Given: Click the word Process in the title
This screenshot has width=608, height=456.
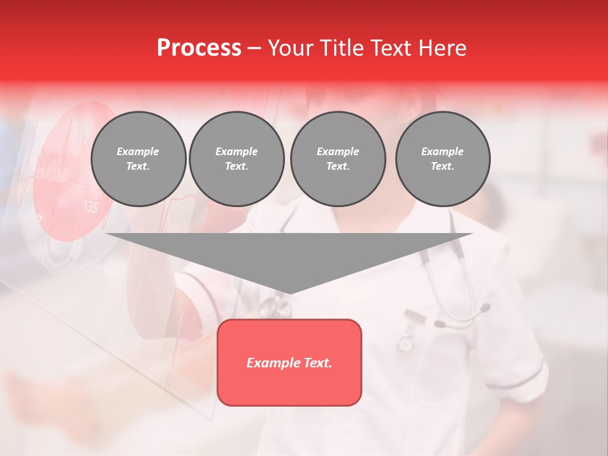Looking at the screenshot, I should [x=199, y=47].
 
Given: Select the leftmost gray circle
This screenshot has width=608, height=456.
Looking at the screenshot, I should [x=138, y=159].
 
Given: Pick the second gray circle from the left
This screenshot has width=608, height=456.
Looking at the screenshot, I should [x=236, y=159].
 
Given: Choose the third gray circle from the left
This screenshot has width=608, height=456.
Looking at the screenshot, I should [x=338, y=159].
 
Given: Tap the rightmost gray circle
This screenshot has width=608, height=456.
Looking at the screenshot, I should [x=442, y=159].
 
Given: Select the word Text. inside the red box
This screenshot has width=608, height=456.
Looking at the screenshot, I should [x=315, y=363].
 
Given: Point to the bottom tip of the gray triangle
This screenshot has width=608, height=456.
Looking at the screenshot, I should [x=289, y=293].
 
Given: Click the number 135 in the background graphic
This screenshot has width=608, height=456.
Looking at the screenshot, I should [x=91, y=207].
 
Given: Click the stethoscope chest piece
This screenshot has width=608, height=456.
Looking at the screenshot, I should [x=269, y=307].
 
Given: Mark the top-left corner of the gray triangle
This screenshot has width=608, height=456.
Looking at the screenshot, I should [x=106, y=234].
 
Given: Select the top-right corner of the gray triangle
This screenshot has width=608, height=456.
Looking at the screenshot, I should [x=472, y=234].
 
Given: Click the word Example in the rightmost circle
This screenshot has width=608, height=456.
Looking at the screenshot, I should [x=442, y=151].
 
